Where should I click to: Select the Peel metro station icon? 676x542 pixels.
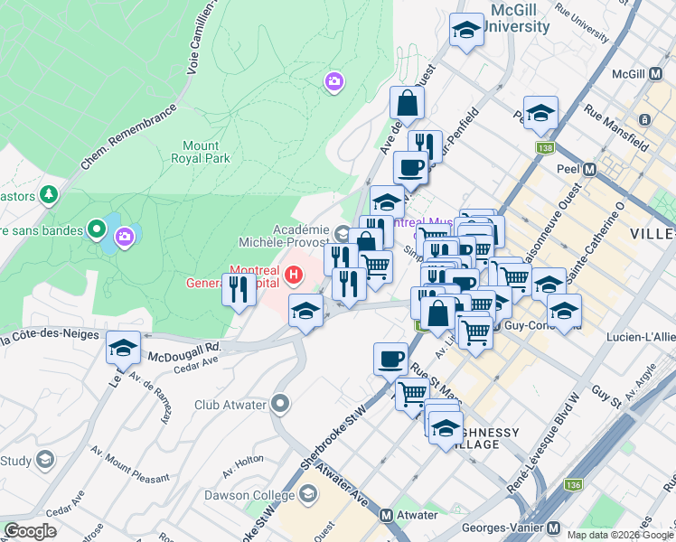(x=589, y=169)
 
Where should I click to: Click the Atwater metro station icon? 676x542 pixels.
(x=386, y=516)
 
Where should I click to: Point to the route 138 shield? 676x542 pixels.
(x=544, y=147)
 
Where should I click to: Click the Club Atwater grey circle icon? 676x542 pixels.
(x=280, y=403)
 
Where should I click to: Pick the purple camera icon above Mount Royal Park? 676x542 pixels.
(x=333, y=83)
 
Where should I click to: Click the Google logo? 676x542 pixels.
(x=30, y=531)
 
